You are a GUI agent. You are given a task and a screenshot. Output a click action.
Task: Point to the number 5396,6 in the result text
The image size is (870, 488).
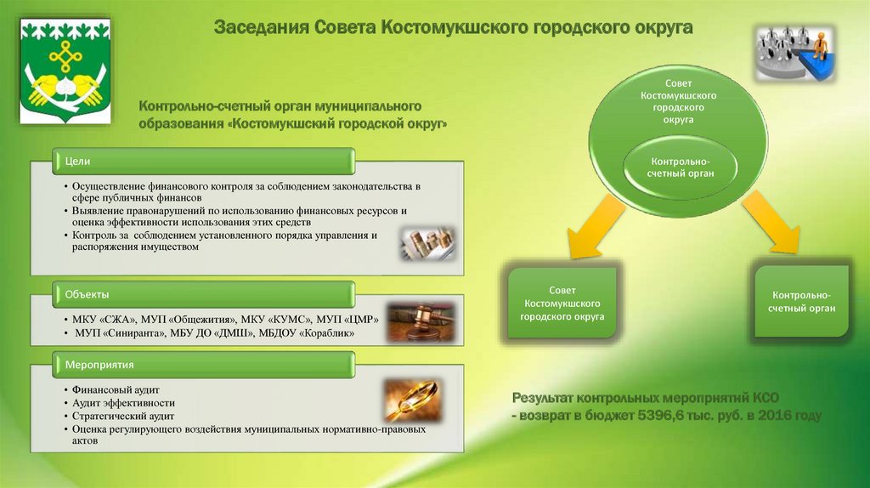tap(659, 415)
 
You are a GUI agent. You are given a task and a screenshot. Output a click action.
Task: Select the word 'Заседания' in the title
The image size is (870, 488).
tap(262, 29)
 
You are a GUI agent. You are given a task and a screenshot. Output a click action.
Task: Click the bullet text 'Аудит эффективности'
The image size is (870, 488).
tap(123, 403)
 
